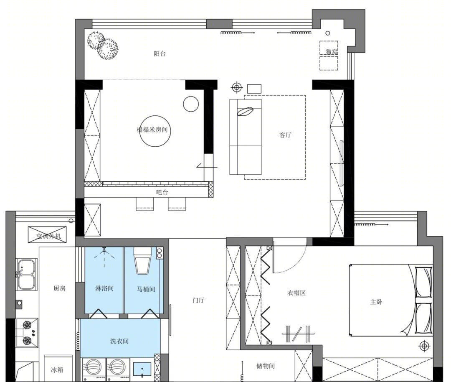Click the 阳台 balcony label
click(160, 53)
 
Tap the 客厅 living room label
click(285, 135)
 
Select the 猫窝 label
click(332, 52)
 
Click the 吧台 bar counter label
click(162, 192)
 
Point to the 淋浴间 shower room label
click(104, 288)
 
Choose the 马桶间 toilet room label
click(146, 289)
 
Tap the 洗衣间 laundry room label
click(119, 341)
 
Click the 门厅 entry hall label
click(198, 300)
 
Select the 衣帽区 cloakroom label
click(296, 293)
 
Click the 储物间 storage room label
click(266, 366)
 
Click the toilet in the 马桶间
click(143, 261)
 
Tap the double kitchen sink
click(26, 275)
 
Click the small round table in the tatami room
click(191, 104)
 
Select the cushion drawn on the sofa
click(245, 112)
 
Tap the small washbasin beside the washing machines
click(142, 369)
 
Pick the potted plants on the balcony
click(102, 46)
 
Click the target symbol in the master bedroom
click(424, 346)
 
